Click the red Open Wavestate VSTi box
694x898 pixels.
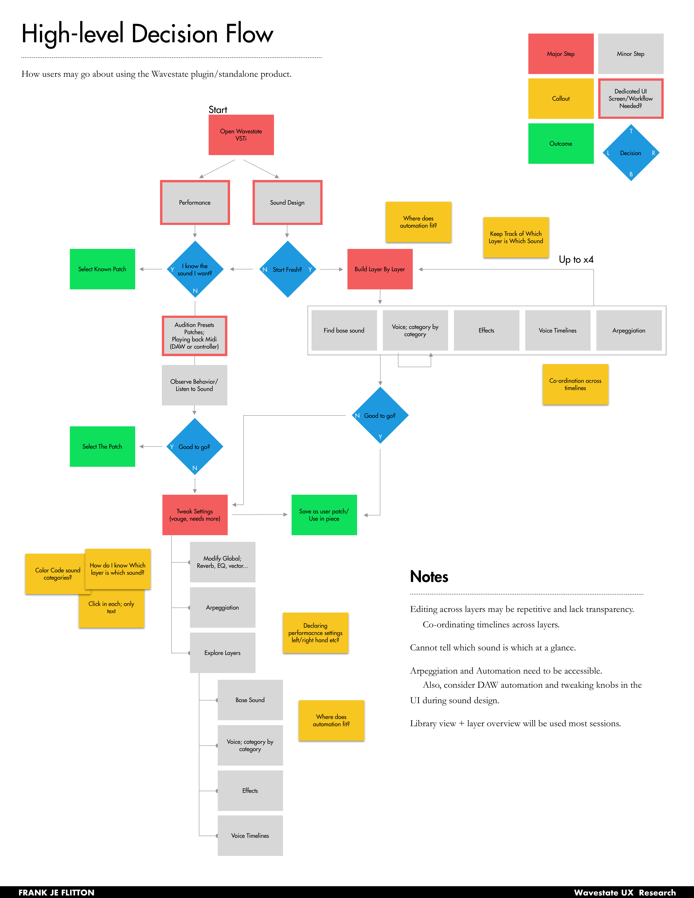241,135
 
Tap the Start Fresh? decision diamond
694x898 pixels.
287,269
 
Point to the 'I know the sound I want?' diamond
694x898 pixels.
195,269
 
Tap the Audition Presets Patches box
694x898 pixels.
195,335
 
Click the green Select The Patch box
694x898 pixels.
102,446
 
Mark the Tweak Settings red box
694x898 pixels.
195,515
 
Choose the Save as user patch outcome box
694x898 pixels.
324,515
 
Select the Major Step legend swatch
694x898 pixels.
561,54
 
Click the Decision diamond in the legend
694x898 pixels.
631,153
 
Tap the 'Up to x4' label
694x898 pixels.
576,259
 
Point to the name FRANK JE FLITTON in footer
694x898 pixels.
56,892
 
